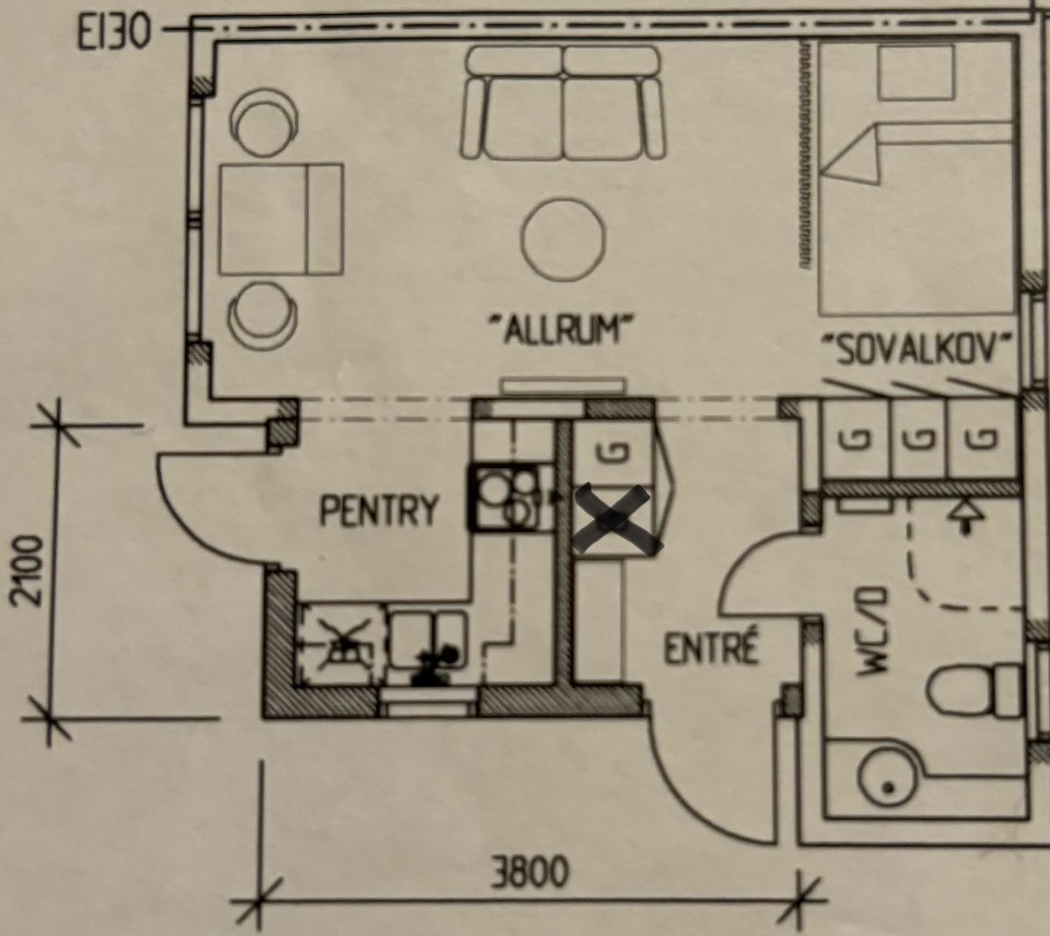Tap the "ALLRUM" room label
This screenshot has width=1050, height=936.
pyautogui.click(x=562, y=329)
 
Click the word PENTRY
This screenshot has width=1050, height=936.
pyautogui.click(x=378, y=510)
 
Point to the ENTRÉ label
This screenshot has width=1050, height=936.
pyautogui.click(x=711, y=649)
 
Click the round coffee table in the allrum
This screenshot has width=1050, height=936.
pyautogui.click(x=563, y=239)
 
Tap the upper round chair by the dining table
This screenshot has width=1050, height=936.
pyautogui.click(x=264, y=122)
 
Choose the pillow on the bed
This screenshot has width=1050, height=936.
pyautogui.click(x=916, y=72)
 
